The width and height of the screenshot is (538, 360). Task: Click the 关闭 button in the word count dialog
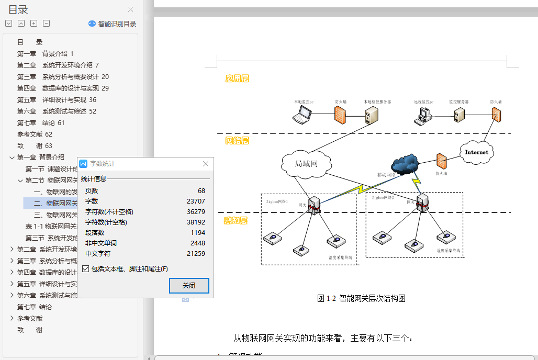[189, 286]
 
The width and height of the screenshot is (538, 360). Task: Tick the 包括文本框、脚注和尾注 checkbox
[86, 269]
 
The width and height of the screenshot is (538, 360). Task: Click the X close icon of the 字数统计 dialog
[206, 164]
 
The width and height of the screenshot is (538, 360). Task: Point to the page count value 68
[201, 191]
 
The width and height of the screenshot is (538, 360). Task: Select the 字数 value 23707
[196, 201]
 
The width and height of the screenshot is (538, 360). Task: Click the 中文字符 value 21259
[196, 254]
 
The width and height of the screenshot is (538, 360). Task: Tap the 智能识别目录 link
[113, 24]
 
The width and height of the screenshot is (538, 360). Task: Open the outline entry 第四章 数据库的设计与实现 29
[63, 88]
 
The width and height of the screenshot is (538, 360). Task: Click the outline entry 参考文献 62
[35, 134]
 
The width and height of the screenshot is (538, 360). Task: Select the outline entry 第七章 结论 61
[41, 123]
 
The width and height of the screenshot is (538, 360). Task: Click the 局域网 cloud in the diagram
[306, 164]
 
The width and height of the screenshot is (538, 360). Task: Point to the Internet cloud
[476, 152]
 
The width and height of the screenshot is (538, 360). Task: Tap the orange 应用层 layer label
[237, 78]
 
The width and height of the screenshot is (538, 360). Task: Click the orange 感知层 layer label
[236, 221]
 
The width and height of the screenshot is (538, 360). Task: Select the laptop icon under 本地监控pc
[302, 115]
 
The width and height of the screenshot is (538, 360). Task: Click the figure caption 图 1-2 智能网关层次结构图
[361, 299]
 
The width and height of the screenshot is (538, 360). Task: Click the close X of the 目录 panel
[131, 9]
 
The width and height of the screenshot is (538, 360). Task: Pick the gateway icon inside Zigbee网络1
[314, 205]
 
